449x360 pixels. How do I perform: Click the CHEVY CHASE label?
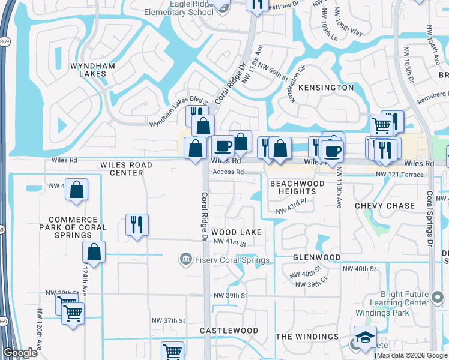(x=385, y=206)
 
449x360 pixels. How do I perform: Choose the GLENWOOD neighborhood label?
(x=316, y=257)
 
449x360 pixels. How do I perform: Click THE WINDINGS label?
(x=307, y=337)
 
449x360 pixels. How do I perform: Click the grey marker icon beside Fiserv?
(x=185, y=259)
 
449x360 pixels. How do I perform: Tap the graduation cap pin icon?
(x=365, y=337)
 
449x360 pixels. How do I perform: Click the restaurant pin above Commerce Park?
(x=137, y=224)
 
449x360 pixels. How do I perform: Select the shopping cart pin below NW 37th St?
(x=172, y=351)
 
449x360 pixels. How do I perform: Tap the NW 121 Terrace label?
(x=400, y=174)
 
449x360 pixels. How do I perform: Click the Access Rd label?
(x=227, y=172)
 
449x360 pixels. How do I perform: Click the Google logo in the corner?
(x=20, y=353)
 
